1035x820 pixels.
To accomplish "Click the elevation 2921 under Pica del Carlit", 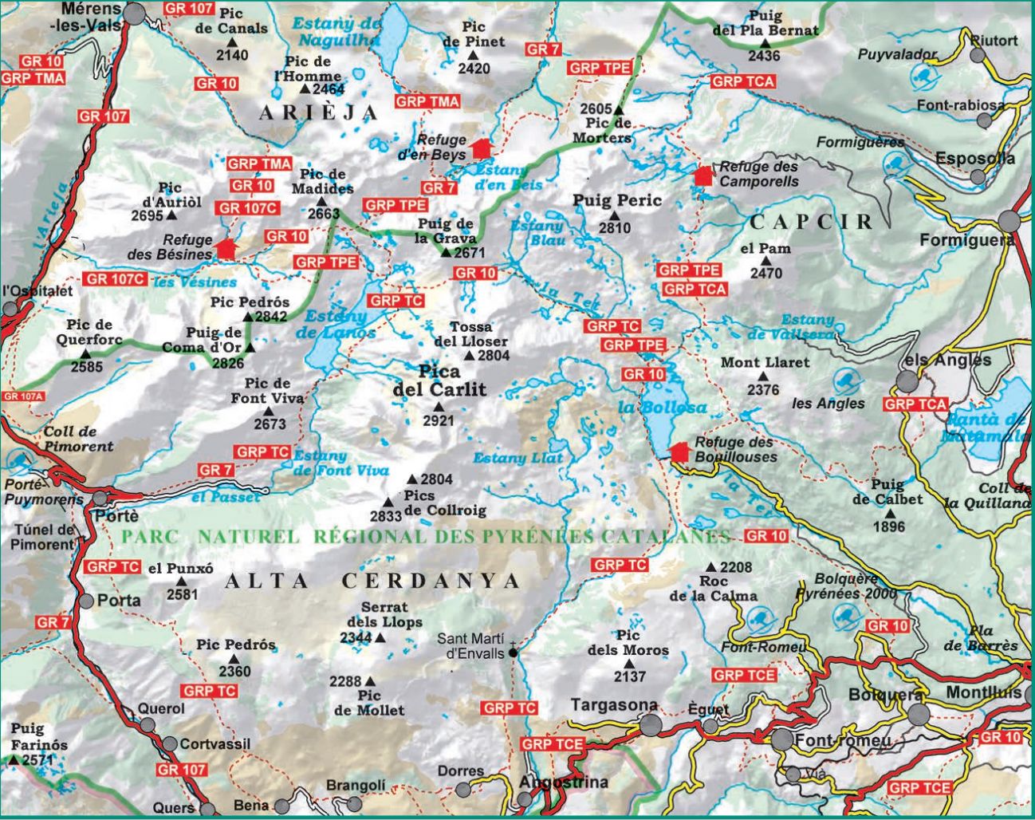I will [438, 421].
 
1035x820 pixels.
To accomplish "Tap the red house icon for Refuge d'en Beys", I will [481, 148].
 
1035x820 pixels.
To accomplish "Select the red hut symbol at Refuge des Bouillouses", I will [679, 451].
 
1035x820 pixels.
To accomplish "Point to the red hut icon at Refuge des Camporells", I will [703, 175].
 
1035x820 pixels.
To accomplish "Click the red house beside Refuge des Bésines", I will [226, 247].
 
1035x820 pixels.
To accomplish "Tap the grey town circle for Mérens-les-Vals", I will [135, 14].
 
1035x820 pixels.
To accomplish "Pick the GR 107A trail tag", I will [23, 396].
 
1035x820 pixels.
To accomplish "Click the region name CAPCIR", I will [812, 221].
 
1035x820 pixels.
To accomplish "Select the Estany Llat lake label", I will [517, 458].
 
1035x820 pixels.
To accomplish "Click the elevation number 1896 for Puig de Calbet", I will [889, 526].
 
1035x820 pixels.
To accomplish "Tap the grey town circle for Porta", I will [85, 601].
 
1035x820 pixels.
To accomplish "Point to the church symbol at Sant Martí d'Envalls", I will [513, 651].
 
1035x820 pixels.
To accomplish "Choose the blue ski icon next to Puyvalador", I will [923, 77].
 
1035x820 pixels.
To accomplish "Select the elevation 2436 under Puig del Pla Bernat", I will [764, 56].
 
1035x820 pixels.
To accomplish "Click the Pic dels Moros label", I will [628, 643].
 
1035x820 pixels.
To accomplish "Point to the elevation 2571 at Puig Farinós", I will [37, 760].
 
